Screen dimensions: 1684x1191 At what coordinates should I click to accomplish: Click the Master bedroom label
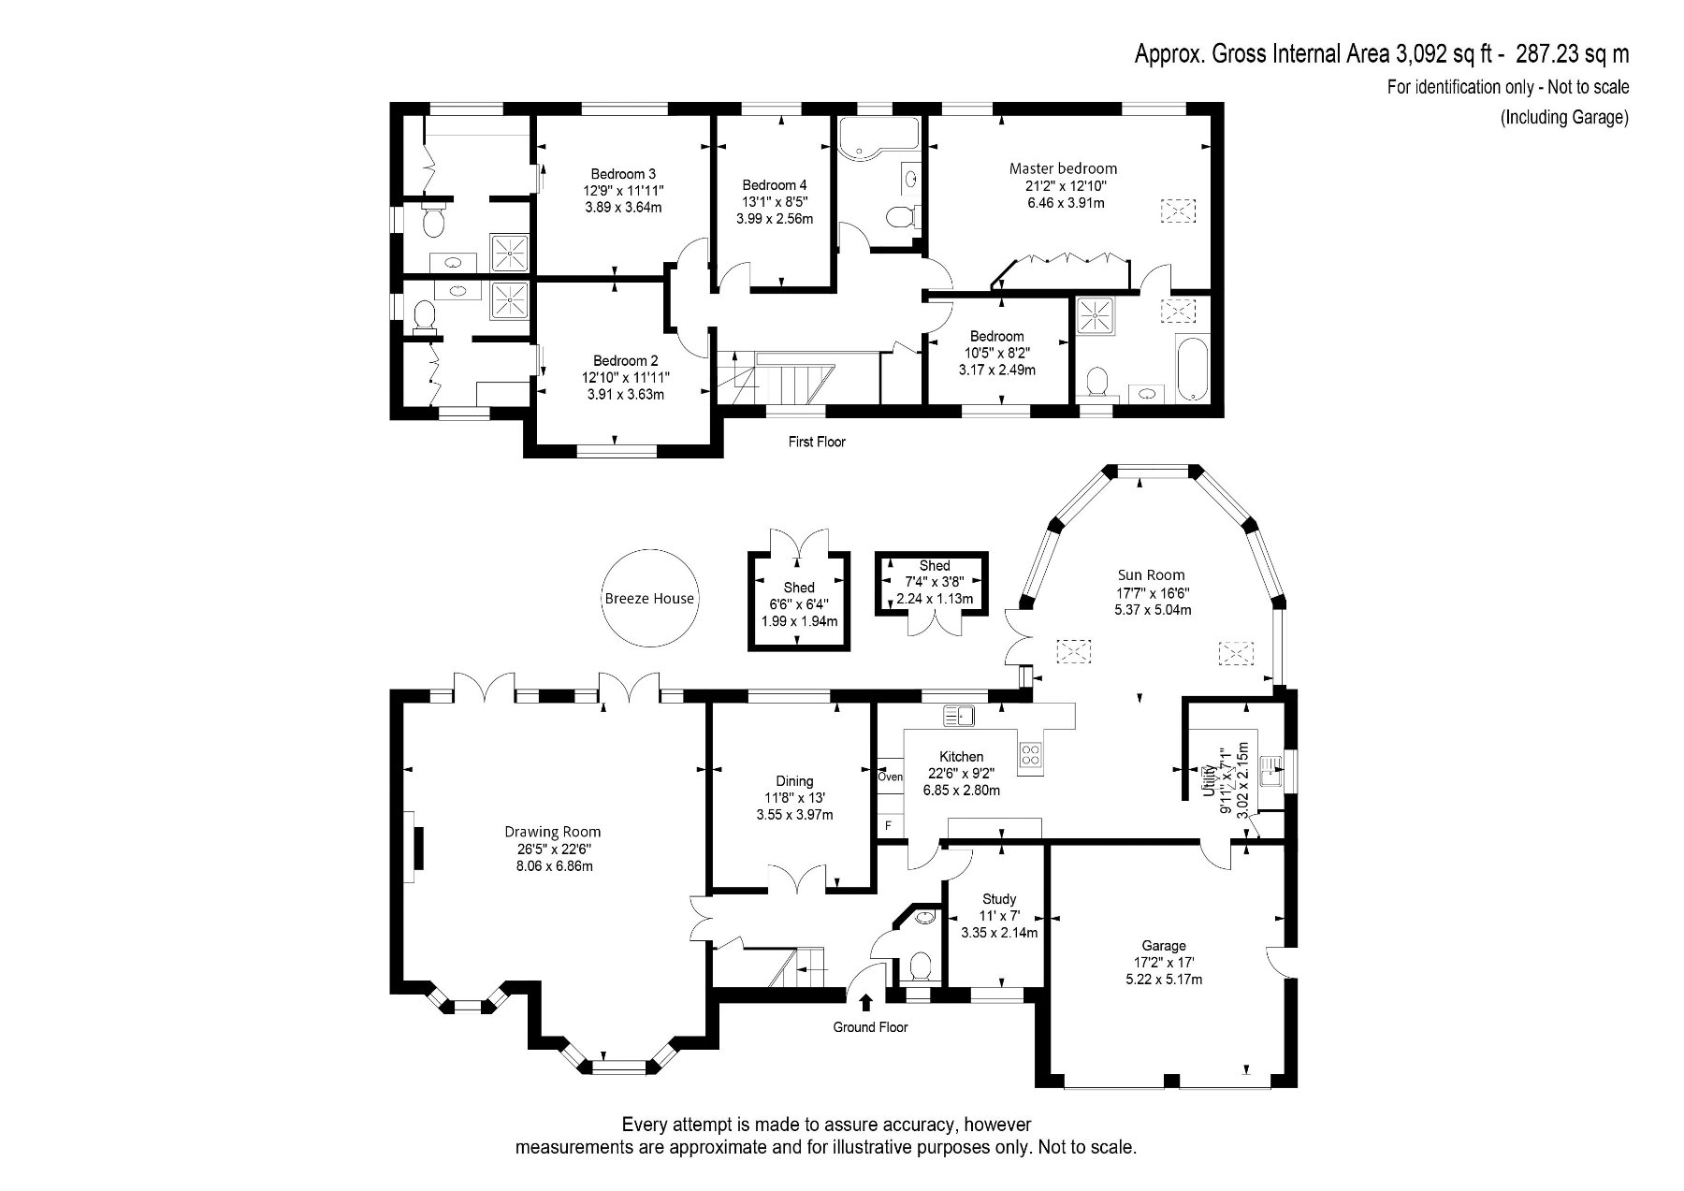click(x=1063, y=168)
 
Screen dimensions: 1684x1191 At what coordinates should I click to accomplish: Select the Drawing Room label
click(x=553, y=831)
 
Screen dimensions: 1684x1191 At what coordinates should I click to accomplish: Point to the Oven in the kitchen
click(x=890, y=777)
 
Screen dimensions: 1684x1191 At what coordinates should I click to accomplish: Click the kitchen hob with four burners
click(x=1031, y=754)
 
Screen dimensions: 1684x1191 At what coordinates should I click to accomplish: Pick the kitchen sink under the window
click(x=960, y=717)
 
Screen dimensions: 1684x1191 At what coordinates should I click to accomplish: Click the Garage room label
click(x=1163, y=946)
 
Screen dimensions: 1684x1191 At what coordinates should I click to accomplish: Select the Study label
click(x=999, y=899)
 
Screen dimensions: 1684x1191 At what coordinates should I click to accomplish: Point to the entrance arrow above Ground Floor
click(x=865, y=1003)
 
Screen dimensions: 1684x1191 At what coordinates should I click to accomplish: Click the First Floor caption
click(x=817, y=442)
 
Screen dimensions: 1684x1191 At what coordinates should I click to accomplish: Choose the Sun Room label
click(x=1151, y=575)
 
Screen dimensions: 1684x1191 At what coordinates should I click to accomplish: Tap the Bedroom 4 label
click(x=774, y=185)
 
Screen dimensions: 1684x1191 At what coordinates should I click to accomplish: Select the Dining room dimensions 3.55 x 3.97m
click(x=794, y=815)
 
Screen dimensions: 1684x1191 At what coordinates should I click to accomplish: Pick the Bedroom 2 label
click(x=626, y=360)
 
